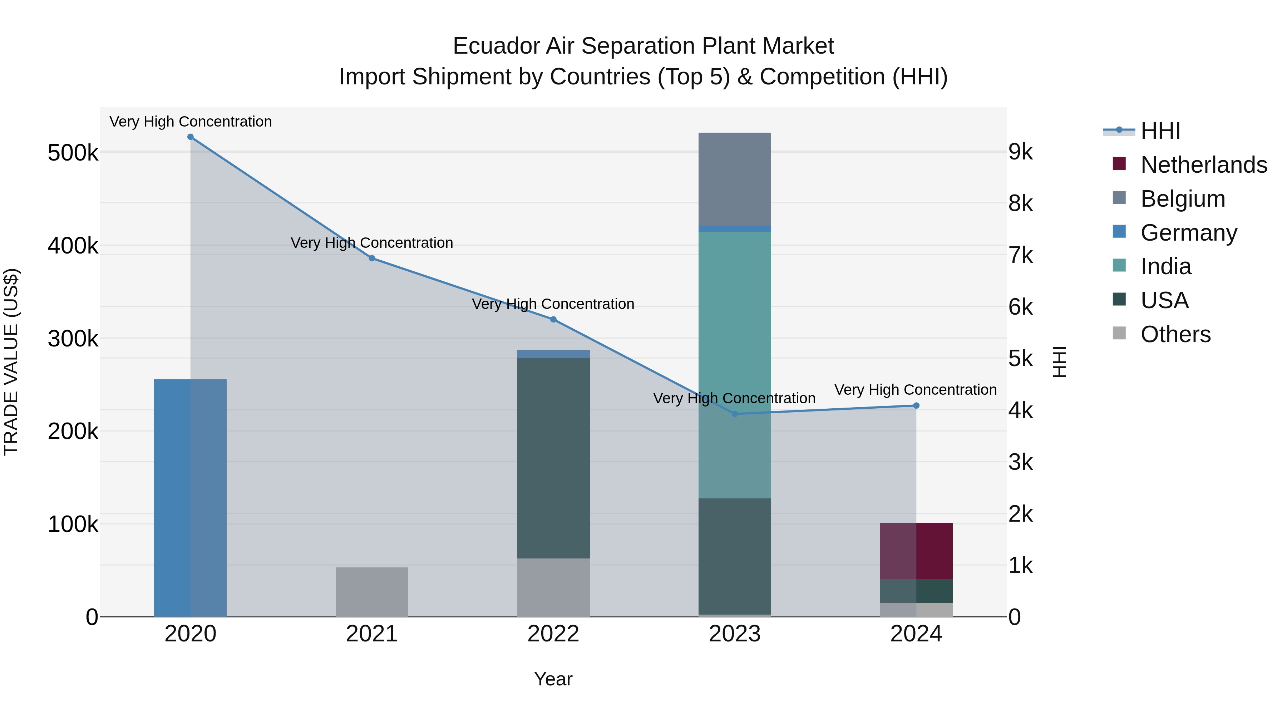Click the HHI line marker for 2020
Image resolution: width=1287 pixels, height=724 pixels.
click(x=190, y=137)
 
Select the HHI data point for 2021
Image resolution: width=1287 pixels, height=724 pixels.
click(x=372, y=258)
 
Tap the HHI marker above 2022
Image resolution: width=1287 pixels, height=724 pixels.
click(x=553, y=319)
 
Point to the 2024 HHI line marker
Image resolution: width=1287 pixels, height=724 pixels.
click(x=916, y=406)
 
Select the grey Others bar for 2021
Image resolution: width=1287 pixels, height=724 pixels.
click(x=372, y=592)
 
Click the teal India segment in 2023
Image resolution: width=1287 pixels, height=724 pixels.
click(x=734, y=365)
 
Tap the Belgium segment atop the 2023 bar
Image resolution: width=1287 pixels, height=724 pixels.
click(x=734, y=179)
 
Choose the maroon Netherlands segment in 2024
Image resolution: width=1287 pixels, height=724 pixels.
click(x=916, y=551)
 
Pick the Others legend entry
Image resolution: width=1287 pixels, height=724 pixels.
click(x=1175, y=334)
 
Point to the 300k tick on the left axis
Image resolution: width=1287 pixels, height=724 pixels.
click(x=73, y=339)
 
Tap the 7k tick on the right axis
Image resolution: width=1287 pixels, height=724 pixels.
click(x=1020, y=255)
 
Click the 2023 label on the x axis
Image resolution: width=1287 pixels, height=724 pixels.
click(x=734, y=634)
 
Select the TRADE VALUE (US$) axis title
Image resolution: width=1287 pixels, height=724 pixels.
click(x=11, y=362)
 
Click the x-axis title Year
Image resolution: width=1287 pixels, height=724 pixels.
click(x=553, y=679)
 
